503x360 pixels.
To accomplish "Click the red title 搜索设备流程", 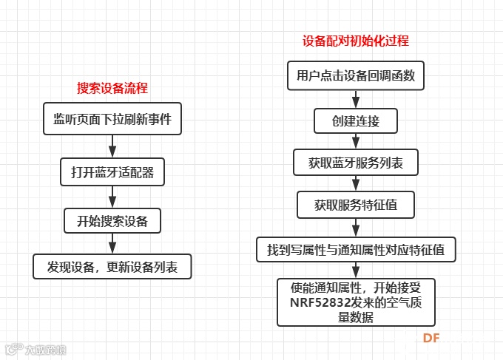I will [x=112, y=88].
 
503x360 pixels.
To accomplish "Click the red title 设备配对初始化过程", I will [x=356, y=41].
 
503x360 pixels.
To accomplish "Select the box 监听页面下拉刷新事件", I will [x=112, y=119].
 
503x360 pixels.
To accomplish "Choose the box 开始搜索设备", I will [x=112, y=220].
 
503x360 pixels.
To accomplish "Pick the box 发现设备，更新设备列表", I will [x=112, y=266].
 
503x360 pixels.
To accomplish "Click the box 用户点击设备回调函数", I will [x=356, y=75].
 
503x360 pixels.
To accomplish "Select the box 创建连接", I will [x=356, y=120].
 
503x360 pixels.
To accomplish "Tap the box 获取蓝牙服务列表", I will [x=356, y=162].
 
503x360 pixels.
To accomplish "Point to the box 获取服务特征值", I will [x=356, y=205].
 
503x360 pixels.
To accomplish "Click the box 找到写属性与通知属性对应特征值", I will [x=356, y=249].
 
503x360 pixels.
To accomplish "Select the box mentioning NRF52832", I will [x=356, y=302].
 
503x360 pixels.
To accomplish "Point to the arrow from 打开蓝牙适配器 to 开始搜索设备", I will [x=112, y=197].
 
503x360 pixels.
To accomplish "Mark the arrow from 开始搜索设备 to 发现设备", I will [x=112, y=243].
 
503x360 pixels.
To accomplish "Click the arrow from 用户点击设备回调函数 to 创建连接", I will [x=356, y=99].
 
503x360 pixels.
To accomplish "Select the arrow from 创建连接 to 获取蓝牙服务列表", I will [x=356, y=141].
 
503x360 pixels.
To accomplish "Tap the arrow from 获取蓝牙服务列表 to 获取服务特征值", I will [x=356, y=183].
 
